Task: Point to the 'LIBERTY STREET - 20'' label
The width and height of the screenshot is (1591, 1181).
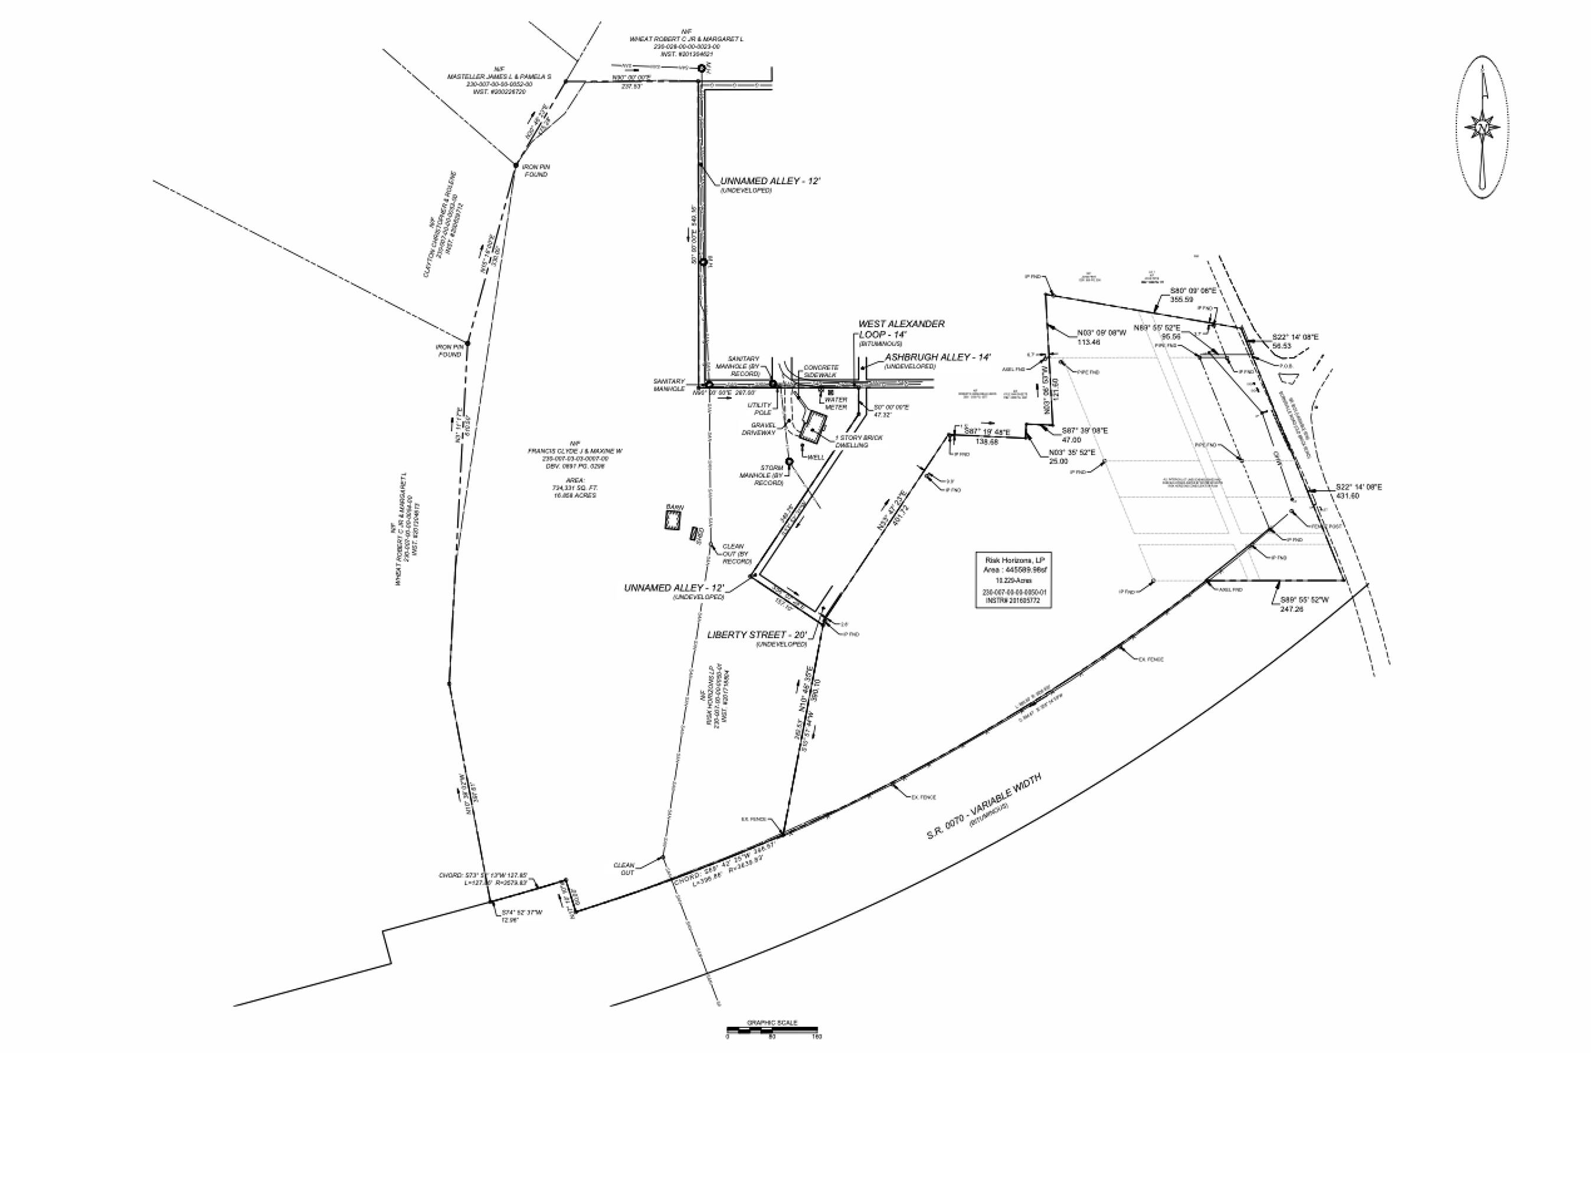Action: click(x=757, y=634)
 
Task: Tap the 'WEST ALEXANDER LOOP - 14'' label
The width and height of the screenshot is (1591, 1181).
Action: click(x=901, y=329)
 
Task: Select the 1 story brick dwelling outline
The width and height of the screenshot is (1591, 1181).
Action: click(x=812, y=428)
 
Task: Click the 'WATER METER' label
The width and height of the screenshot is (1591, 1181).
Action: click(x=836, y=403)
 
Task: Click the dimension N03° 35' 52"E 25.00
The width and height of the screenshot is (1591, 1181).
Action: click(x=1068, y=457)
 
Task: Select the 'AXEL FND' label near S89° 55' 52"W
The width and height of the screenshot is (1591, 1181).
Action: click(x=1230, y=590)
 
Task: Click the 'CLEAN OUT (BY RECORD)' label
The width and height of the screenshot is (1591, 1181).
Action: click(x=737, y=553)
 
